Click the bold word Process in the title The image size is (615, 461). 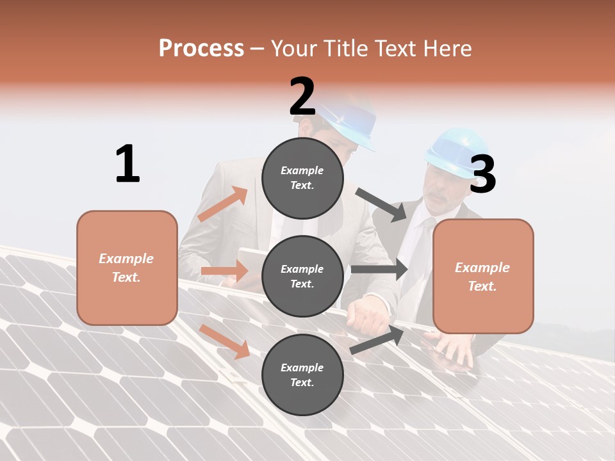tap(201, 48)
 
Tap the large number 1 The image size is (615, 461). tap(127, 164)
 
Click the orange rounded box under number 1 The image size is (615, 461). tap(127, 268)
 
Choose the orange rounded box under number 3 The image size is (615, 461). tap(483, 276)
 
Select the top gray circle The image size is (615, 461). tap(302, 178)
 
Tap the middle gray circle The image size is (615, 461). tap(302, 276)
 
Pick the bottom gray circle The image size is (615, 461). tap(302, 375)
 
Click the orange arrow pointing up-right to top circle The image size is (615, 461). tap(223, 204)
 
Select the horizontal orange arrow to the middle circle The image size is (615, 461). tap(224, 271)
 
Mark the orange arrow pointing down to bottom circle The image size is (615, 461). tap(224, 341)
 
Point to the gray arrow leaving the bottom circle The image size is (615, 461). tap(377, 340)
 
